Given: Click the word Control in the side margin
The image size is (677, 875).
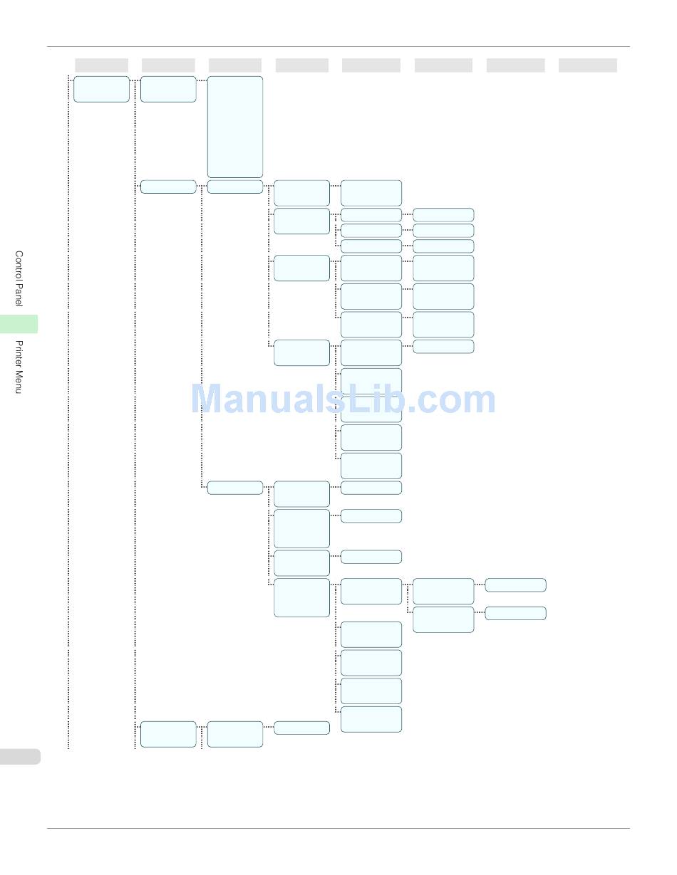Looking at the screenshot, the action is [19, 266].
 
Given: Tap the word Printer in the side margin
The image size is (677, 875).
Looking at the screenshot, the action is [19, 355].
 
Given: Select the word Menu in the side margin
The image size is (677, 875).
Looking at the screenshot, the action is [19, 383].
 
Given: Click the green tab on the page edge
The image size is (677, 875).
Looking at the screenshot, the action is [19, 324].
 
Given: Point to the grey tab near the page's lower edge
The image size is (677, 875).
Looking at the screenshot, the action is [19, 756].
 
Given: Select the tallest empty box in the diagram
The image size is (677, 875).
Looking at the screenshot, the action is [235, 127].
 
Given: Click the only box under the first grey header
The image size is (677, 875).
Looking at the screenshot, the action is [101, 89].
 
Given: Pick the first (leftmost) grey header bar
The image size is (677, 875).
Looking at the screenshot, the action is [101, 66].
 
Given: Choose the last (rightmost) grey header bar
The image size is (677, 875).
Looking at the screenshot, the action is [587, 66].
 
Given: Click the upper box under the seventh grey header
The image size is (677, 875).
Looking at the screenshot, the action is [515, 585].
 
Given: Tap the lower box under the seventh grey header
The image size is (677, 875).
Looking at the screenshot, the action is [515, 613].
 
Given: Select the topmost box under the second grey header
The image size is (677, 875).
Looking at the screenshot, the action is [168, 89].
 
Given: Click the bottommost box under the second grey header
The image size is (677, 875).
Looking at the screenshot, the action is [168, 734].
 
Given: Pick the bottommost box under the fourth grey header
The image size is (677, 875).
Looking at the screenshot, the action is [301, 728].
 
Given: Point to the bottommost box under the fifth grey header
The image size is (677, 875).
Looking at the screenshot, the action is [371, 719].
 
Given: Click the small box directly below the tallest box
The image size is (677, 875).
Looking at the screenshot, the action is [235, 187].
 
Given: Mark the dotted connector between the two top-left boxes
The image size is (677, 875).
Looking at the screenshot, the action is [135, 80].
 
